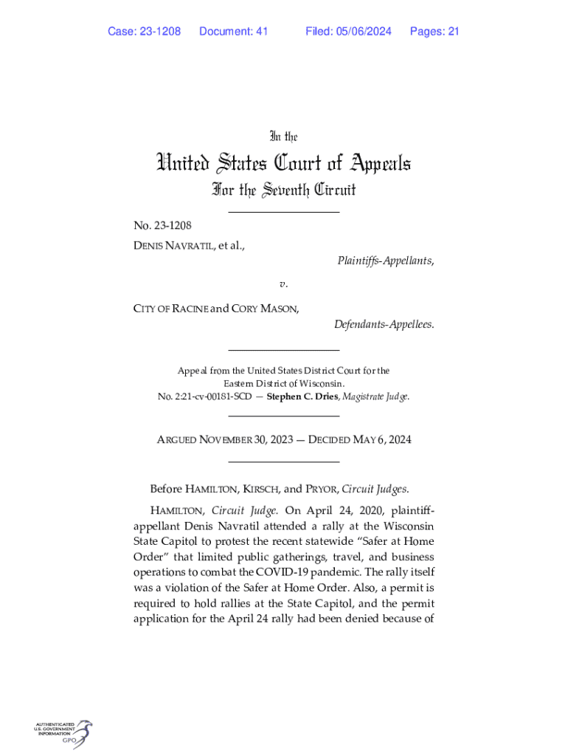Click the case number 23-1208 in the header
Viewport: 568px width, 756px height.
pyautogui.click(x=160, y=31)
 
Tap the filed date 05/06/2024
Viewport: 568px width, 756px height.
pyautogui.click(x=362, y=31)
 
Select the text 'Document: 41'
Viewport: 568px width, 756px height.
pyautogui.click(x=233, y=31)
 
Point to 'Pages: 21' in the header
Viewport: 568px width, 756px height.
pyautogui.click(x=434, y=31)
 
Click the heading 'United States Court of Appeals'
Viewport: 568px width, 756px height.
pyautogui.click(x=283, y=163)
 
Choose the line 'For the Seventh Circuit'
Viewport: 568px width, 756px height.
pyautogui.click(x=283, y=190)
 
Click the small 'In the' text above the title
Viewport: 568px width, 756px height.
pyautogui.click(x=283, y=137)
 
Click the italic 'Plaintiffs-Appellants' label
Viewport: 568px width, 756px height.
pyautogui.click(x=385, y=261)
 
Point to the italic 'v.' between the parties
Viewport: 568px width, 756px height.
pyautogui.click(x=283, y=284)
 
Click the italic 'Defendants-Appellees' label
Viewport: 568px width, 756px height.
pyautogui.click(x=384, y=325)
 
